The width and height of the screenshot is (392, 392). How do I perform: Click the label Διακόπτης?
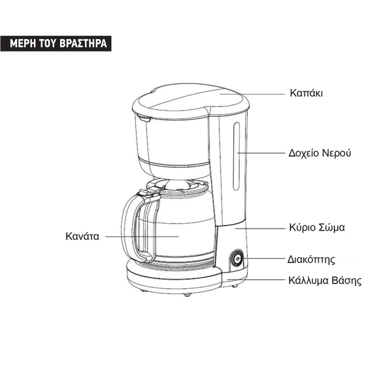click(311, 259)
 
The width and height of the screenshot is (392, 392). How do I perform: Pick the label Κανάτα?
click(82, 236)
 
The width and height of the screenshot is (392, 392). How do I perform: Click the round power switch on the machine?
click(236, 261)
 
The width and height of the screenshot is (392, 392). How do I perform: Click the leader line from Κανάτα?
click(140, 236)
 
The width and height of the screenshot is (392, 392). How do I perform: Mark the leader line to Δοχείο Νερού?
click(261, 153)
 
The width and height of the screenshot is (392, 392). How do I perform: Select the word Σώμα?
click(331, 228)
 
